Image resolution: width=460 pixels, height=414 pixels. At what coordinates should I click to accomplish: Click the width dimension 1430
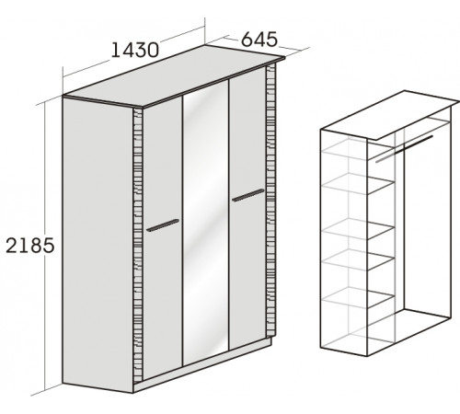[135, 50]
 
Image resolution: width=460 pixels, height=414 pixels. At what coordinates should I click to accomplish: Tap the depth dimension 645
[259, 40]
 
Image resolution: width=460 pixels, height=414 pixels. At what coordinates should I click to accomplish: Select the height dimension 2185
[30, 246]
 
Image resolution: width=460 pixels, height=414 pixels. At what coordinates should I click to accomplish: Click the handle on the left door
[163, 225]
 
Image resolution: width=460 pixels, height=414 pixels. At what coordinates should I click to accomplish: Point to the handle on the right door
[247, 195]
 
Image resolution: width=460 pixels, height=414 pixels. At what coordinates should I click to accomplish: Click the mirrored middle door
[206, 224]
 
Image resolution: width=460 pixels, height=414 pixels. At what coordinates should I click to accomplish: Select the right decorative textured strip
[270, 200]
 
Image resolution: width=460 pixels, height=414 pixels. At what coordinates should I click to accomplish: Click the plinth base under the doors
[202, 365]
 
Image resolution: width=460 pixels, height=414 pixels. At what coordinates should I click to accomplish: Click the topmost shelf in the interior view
[358, 151]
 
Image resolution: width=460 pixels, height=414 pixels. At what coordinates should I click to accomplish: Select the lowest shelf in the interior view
[358, 297]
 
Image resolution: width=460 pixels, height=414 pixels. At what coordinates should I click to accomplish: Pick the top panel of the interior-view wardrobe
[390, 115]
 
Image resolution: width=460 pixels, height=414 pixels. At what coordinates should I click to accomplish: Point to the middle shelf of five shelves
[358, 229]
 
